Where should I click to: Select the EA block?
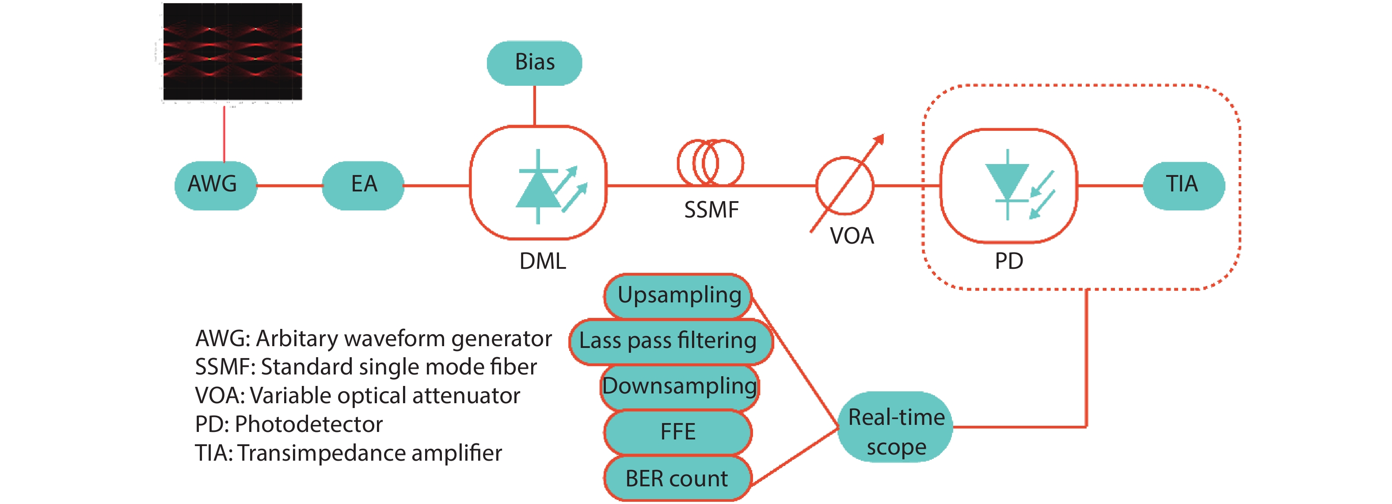tap(363, 185)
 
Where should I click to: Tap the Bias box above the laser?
tap(534, 63)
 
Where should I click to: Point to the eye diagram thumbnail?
tap(232, 52)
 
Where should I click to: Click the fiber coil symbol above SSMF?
tap(710, 162)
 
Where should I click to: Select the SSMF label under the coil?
tap(711, 210)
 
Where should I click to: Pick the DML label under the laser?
tap(543, 262)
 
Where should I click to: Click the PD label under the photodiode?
tap(1009, 262)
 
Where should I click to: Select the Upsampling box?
tap(679, 296)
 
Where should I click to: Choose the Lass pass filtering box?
tap(669, 341)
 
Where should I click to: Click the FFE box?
tap(677, 432)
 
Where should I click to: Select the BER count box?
tap(677, 479)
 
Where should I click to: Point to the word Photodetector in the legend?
tap(308, 424)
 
